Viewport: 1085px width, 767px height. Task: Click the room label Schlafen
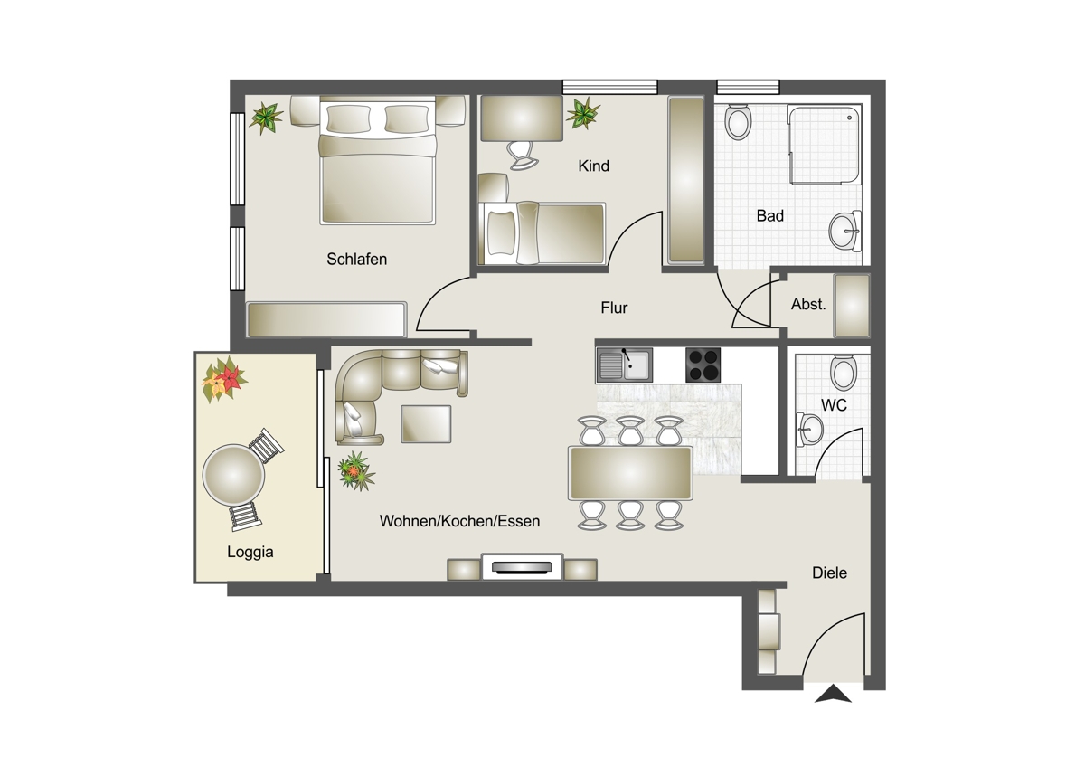coord(356,260)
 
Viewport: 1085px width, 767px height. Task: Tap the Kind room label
coord(593,166)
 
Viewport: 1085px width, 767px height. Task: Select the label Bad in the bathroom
coord(769,215)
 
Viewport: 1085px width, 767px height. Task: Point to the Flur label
coord(614,308)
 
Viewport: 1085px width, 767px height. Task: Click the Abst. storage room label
coord(808,304)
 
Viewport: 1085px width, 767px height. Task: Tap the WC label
coord(834,405)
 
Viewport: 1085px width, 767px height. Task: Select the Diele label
coord(829,573)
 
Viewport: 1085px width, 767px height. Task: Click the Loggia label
coord(250,552)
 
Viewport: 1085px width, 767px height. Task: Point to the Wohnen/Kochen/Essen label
coord(459,521)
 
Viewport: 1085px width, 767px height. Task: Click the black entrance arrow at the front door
coord(833,694)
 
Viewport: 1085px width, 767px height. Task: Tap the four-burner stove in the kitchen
coord(703,365)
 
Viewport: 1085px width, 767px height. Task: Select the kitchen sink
coord(625,365)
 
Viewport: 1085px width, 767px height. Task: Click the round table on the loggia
coord(233,475)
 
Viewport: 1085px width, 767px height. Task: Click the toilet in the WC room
coord(844,372)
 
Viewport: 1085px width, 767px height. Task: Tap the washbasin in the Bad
coord(845,232)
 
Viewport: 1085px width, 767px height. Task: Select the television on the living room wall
coord(522,567)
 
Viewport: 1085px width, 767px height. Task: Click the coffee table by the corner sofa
coord(426,424)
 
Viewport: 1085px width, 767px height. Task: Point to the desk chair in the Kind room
coord(523,155)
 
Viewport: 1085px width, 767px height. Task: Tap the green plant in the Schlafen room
coord(266,118)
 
